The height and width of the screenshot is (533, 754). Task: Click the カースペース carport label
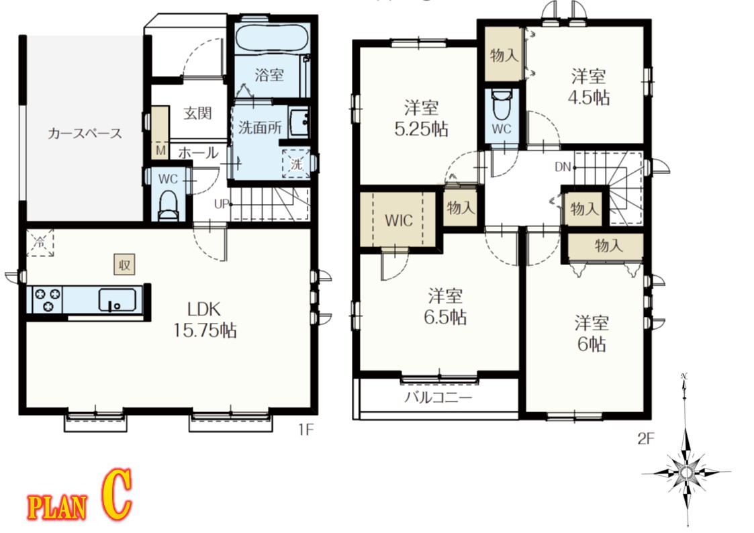85,133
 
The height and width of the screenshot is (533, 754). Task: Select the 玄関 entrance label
197,113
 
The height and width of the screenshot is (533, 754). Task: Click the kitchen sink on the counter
117,300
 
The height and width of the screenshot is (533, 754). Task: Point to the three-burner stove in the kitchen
48,299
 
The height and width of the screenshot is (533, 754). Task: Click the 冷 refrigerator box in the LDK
40,243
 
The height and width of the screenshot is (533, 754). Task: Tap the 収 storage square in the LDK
124,264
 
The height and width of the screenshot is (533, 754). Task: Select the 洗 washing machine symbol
296,164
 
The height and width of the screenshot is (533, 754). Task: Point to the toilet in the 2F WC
501,105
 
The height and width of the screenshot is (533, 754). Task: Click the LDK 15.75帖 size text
204,319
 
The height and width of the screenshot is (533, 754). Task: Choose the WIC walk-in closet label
399,221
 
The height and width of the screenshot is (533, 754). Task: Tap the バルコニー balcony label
438,397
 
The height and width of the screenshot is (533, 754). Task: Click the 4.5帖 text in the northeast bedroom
589,98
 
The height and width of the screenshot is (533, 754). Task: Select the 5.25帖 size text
421,129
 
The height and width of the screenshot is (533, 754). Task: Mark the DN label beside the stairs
563,166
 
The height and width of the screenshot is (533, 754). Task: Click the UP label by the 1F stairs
221,204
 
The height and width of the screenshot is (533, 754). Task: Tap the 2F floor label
646,438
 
